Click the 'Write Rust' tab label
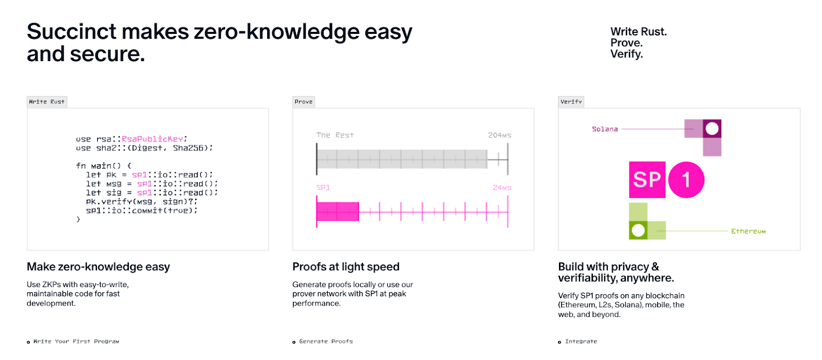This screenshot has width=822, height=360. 47,102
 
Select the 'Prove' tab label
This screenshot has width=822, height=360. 304,102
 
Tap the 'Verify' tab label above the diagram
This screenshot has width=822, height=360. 571,102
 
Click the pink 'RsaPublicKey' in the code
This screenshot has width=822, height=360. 152,139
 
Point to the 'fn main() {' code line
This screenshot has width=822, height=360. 103,165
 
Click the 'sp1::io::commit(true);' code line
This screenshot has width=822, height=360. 142,211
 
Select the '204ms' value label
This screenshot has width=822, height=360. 499,135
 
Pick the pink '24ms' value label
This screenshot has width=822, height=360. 502,187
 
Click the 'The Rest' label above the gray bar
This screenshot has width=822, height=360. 335,135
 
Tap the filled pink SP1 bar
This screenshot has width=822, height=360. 338,212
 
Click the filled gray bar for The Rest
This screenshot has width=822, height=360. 402,159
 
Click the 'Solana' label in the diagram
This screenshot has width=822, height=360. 605,129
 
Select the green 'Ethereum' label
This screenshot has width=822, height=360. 748,231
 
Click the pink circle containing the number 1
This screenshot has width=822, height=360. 686,180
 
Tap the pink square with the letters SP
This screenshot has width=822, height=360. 647,180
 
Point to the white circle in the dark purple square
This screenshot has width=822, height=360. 712,128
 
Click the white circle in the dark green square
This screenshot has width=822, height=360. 638,231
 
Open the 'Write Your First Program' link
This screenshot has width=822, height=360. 76,342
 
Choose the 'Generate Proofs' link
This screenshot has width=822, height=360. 326,342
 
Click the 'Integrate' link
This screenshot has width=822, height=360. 581,342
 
